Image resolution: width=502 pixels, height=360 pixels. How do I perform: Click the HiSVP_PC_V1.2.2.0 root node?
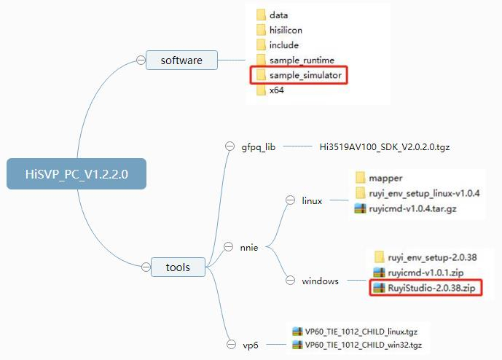77,174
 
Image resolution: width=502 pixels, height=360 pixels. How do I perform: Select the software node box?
181,60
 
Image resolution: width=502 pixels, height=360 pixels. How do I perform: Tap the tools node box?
178,267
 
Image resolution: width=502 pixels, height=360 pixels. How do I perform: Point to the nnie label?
249,248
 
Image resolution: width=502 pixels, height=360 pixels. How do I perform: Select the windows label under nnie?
321,281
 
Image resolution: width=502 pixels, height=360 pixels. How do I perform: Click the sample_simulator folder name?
305,75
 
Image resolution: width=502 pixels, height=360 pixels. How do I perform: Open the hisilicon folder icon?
262,30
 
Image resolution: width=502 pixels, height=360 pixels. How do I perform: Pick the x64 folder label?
277,90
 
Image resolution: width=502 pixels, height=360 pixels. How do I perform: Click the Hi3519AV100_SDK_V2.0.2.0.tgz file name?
385,146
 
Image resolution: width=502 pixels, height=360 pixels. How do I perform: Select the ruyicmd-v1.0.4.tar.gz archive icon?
359,208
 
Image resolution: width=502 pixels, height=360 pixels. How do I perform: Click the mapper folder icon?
360,177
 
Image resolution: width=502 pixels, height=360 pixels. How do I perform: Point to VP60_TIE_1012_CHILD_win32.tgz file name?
364,345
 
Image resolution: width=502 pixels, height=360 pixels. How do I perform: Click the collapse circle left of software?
140,60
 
